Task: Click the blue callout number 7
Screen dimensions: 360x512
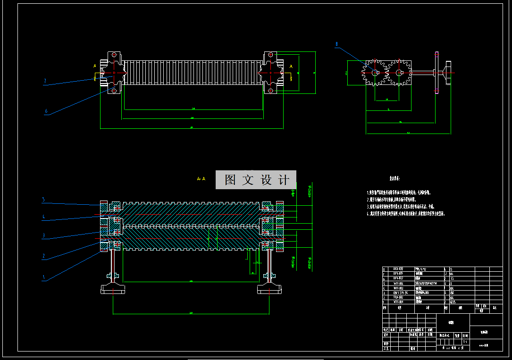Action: tap(45, 81)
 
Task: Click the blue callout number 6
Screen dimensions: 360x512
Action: tap(46, 111)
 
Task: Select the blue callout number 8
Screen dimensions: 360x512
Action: tap(336, 44)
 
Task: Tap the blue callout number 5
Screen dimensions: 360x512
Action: tap(43, 200)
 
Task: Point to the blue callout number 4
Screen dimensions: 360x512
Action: tap(43, 217)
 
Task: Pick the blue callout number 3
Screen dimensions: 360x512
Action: tap(43, 235)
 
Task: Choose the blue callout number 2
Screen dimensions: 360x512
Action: tap(43, 256)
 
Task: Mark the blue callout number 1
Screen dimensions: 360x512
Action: tap(43, 277)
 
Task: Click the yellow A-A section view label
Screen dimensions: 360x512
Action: tap(201, 179)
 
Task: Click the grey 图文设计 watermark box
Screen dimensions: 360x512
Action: tap(256, 180)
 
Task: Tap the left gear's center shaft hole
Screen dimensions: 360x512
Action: tap(375, 72)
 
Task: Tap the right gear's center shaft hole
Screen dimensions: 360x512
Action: tap(399, 72)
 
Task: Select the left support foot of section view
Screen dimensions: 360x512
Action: tap(113, 288)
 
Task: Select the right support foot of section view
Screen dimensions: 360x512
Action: tap(269, 288)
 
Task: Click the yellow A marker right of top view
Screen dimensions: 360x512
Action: tap(291, 67)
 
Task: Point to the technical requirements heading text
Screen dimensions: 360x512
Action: tap(394, 179)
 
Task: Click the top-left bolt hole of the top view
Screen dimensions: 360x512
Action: tap(113, 55)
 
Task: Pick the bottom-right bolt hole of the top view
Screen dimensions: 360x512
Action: tap(270, 90)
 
